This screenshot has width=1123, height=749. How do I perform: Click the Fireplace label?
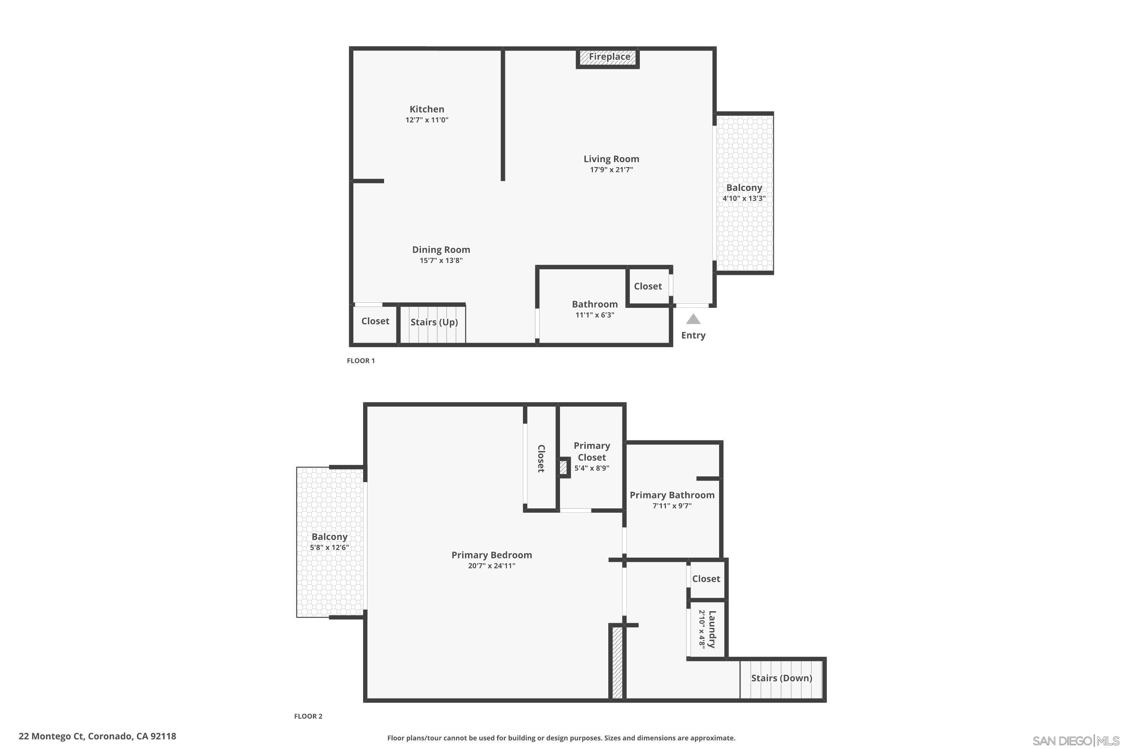point(609,57)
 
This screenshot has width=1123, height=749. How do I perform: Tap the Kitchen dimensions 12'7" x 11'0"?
point(427,120)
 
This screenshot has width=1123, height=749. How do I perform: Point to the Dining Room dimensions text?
point(441,260)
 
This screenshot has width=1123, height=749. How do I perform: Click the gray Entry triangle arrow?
point(693,319)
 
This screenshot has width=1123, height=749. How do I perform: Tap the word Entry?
point(693,335)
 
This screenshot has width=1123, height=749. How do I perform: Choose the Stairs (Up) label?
point(434,322)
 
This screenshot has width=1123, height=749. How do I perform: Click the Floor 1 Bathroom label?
point(594,304)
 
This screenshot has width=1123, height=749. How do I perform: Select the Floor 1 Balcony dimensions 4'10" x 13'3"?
point(744,198)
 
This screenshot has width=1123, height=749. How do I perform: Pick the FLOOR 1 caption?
point(360,361)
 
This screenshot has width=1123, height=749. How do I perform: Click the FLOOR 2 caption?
point(308,716)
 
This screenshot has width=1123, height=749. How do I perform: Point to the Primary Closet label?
point(591,451)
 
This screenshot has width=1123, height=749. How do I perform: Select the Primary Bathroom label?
point(672,495)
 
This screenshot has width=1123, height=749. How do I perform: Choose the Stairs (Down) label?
point(781,678)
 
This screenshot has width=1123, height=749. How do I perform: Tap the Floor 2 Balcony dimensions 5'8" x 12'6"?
point(329,548)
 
